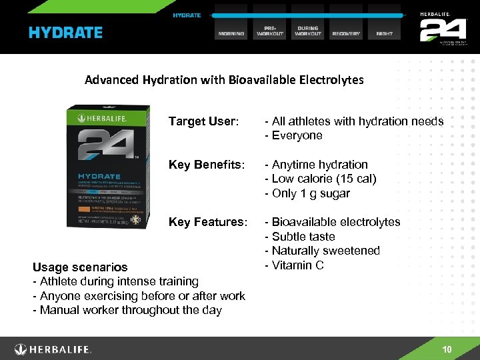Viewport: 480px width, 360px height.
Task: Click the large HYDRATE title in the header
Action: tap(65, 33)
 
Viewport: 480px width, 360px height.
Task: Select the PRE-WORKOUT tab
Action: tap(270, 31)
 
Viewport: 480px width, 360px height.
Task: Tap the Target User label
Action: tap(203, 121)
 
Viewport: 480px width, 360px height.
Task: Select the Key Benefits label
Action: tap(207, 165)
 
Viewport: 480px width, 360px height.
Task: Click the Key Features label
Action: tap(209, 222)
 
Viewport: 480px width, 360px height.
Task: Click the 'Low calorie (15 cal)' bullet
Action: tap(321, 179)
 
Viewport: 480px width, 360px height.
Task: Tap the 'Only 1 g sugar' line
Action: tap(307, 194)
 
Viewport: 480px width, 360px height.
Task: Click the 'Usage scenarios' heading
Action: tap(80, 267)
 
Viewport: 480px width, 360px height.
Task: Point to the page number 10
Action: tap(447, 350)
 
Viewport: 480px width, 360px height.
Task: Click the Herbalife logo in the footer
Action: tap(53, 349)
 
